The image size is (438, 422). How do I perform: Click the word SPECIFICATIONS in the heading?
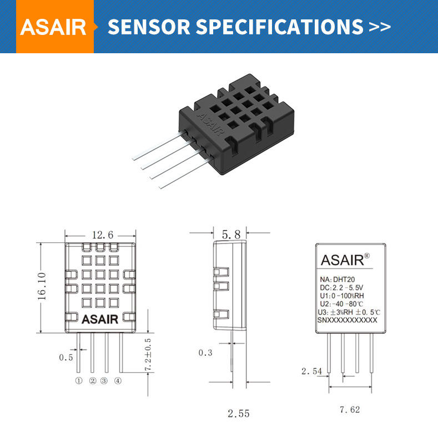pos(280,27)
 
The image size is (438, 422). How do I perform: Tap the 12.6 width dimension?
pos(103,235)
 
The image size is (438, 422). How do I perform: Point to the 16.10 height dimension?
pos(42,286)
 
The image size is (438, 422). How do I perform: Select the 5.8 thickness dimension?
pos(231,235)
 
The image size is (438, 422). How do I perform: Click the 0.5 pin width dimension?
pos(66,357)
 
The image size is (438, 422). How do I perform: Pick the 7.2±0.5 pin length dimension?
pos(148,354)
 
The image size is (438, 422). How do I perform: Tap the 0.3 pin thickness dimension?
pos(205,353)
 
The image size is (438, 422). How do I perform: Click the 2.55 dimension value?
pos(238,413)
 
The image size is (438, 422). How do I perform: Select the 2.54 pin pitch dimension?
pos(312,371)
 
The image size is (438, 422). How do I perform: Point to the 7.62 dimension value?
pos(350,409)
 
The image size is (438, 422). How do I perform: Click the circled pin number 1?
pos(79,381)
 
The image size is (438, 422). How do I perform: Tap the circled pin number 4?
pos(118,381)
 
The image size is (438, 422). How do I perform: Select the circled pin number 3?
pos(104,381)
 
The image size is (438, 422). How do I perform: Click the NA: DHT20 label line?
pos(338,279)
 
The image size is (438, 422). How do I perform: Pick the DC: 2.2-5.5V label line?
pos(341,287)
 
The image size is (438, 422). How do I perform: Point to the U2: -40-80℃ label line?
pos(341,304)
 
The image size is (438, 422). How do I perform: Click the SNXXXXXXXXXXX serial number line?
pos(347,320)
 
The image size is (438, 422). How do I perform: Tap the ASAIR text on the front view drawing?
pos(100,319)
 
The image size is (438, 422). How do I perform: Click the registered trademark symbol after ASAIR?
pos(367,256)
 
